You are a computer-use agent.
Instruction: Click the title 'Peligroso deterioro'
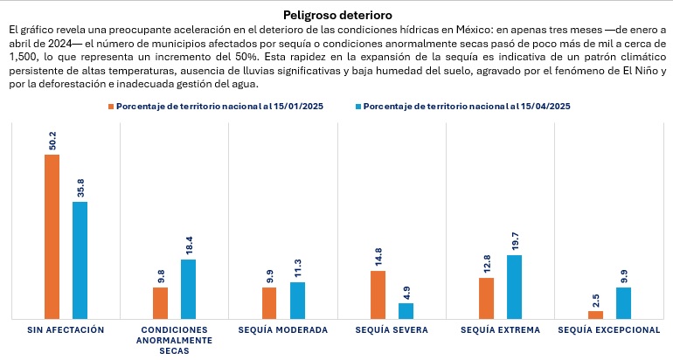tap(337, 15)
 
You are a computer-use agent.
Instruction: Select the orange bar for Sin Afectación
tap(52, 236)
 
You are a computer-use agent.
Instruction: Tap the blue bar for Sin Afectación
tap(80, 260)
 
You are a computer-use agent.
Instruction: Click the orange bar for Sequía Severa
tap(378, 294)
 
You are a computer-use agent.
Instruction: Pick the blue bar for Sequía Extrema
tap(514, 287)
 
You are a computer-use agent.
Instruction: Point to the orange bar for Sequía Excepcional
tap(595, 315)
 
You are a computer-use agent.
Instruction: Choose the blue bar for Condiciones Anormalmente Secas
tap(188, 289)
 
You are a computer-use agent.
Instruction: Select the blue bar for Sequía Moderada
tap(297, 300)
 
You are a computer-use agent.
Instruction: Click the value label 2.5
tap(595, 299)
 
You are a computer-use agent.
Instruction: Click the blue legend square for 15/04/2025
tap(357, 106)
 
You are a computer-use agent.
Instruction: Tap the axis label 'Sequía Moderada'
tap(283, 330)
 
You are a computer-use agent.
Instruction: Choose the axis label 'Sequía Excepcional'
tap(608, 330)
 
